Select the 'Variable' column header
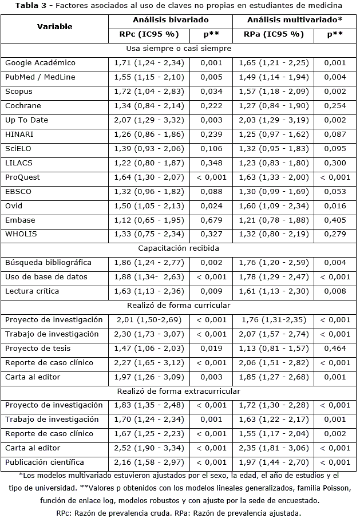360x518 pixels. click(54, 27)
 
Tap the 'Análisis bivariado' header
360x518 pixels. click(171, 20)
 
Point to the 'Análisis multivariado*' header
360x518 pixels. click(294, 20)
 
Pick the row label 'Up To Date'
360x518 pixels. click(26, 120)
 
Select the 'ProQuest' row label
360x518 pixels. click(22, 177)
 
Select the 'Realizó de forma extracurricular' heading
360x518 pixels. click(179, 391)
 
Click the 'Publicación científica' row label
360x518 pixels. click(44, 462)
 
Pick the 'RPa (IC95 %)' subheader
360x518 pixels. click(274, 34)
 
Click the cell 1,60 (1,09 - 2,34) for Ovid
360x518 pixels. click(273, 206)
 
